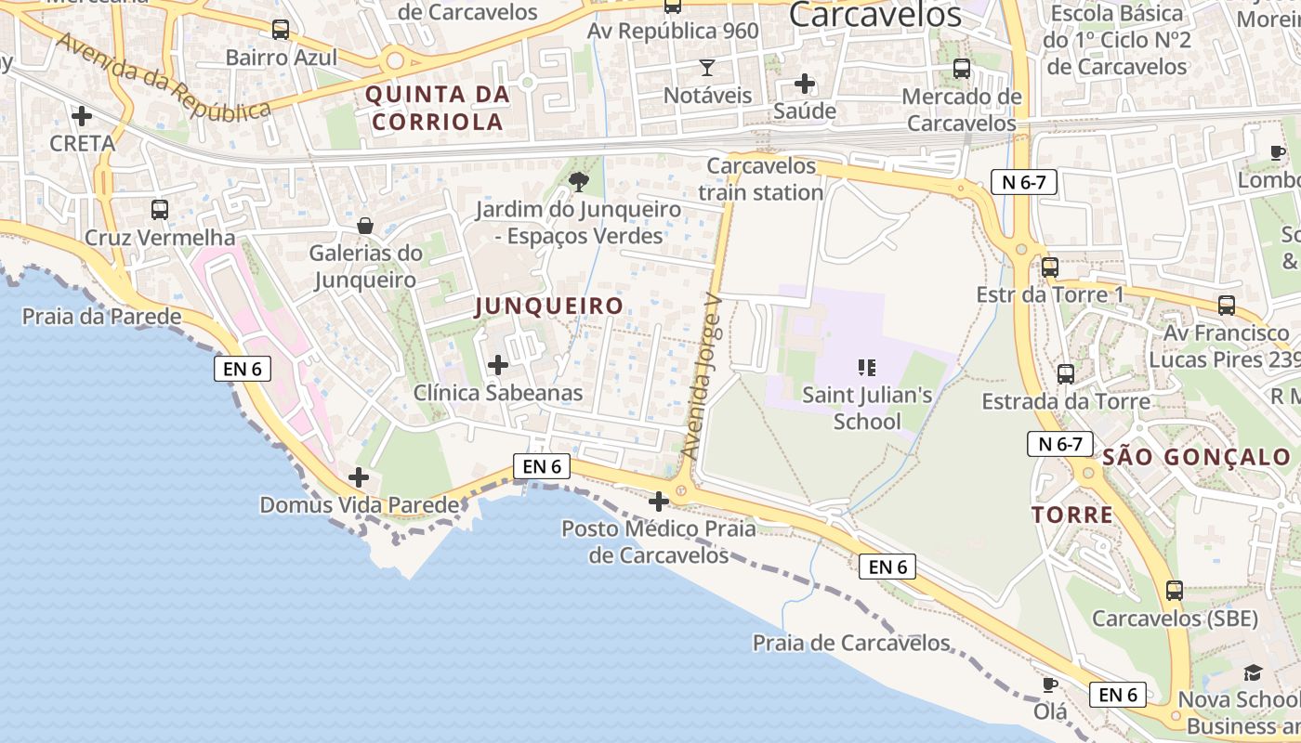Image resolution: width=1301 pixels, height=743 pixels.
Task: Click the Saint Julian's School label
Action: [867, 408]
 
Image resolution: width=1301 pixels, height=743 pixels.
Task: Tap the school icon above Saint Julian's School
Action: [867, 368]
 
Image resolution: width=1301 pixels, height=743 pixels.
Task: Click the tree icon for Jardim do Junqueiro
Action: [578, 182]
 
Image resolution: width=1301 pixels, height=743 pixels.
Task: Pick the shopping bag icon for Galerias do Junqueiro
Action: [365, 226]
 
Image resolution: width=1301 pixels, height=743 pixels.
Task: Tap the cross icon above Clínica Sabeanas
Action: [498, 365]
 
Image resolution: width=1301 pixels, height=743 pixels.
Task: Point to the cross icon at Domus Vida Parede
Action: [359, 478]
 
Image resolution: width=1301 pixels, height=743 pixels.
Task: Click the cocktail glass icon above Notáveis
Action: [707, 68]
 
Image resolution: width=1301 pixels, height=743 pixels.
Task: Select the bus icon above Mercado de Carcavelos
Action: [962, 69]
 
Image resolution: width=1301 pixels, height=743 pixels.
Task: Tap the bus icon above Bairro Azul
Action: [281, 30]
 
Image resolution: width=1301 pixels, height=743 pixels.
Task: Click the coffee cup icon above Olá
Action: [1050, 685]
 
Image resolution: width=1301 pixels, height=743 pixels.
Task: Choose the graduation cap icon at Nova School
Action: [1254, 672]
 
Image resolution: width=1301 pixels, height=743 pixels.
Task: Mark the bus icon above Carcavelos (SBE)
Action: [1175, 591]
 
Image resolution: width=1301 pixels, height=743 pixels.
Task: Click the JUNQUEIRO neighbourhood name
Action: [548, 306]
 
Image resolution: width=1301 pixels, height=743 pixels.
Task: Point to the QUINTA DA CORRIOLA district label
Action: [438, 107]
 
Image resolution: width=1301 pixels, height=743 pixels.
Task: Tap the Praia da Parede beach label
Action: [102, 317]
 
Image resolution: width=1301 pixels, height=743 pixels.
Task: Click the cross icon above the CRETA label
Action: [82, 116]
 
